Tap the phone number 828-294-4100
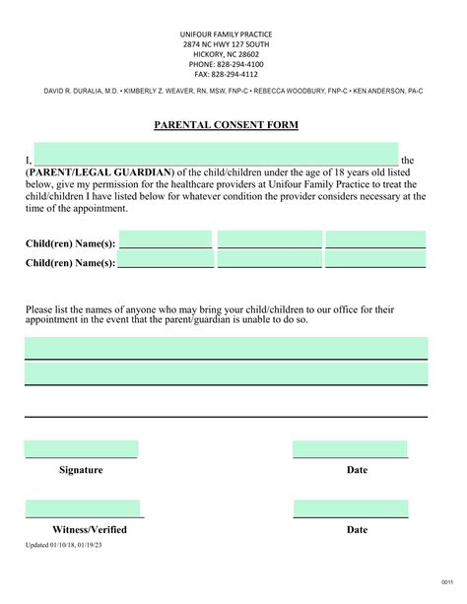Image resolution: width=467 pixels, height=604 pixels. tap(227, 64)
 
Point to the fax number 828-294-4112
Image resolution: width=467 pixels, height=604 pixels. tap(227, 74)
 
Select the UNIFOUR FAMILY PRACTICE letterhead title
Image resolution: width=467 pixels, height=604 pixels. tap(227, 34)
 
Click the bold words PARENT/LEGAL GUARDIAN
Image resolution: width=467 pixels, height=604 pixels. tap(94, 171)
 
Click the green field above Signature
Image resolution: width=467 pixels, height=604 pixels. tap(81, 449)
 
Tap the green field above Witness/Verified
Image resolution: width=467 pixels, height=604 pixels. tap(83, 508)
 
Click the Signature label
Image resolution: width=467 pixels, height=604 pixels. tap(81, 470)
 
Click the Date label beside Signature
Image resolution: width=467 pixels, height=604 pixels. tap(357, 470)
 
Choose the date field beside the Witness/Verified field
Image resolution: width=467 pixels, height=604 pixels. tap(350, 508)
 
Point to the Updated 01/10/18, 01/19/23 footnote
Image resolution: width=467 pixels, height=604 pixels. tap(77, 544)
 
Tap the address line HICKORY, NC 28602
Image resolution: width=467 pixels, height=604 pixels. tap(227, 54)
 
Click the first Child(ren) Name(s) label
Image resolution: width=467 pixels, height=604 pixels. tap(70, 243)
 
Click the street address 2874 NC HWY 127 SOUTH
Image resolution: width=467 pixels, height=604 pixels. tap(227, 44)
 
